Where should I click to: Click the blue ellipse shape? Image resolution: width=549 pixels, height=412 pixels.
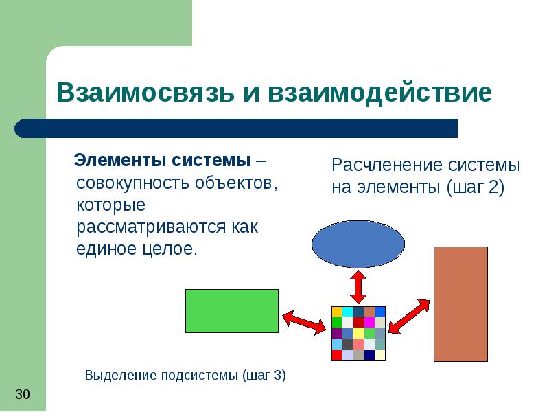click(358, 244)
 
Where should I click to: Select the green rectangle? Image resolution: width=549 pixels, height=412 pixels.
click(232, 310)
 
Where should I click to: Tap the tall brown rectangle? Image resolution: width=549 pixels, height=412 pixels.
click(460, 304)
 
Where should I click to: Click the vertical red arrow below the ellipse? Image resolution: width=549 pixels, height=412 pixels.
click(358, 286)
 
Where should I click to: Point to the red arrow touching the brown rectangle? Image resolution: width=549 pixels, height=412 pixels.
click(411, 317)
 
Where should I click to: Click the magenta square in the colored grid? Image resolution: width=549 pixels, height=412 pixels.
click(369, 322)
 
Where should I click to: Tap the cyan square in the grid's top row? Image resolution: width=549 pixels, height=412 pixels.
click(347, 312)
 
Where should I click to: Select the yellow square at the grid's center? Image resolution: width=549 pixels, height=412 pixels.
click(358, 333)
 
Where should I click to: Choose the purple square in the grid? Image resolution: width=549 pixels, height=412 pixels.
click(337, 333)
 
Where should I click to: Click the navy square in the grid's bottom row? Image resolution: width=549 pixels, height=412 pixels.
click(369, 355)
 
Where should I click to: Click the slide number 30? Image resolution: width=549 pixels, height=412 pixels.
click(23, 394)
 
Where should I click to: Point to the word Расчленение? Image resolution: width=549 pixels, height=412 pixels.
click(385, 165)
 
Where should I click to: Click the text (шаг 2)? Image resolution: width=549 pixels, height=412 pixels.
click(475, 187)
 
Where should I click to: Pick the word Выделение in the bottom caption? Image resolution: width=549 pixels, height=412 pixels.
click(121, 375)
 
